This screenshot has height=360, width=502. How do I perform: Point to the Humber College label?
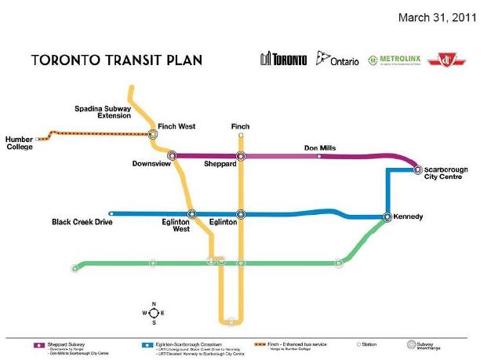coord(20,143)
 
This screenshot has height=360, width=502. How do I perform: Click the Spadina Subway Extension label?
coord(103,111)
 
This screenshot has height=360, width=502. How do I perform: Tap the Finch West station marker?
coord(153,134)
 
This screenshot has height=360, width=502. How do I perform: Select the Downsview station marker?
coord(172,155)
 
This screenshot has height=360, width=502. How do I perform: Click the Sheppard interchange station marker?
coord(241,156)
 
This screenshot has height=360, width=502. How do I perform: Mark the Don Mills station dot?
coord(319,157)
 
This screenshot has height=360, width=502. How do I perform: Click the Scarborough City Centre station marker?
coord(417,169)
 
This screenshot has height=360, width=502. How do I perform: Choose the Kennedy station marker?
coord(387,217)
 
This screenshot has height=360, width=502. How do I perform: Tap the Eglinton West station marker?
coord(191,213)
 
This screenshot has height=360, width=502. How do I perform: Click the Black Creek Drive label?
coord(82,222)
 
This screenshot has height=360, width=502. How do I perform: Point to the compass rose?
coord(154,312)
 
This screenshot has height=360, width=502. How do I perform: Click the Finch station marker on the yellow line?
coord(241,134)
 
